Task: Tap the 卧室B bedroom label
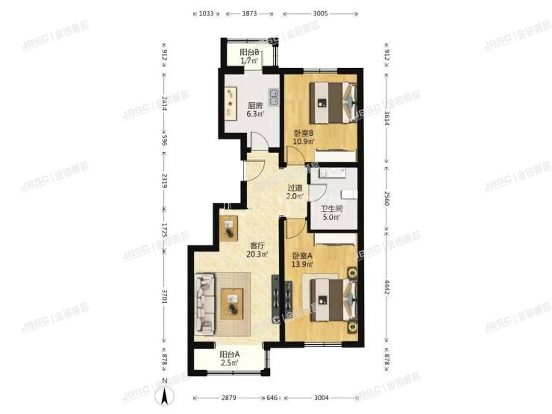point(304,134)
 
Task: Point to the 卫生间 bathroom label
point(330,209)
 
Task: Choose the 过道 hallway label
point(295,188)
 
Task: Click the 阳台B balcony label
point(249,52)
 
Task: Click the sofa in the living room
point(206,305)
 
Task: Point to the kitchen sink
point(274,97)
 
